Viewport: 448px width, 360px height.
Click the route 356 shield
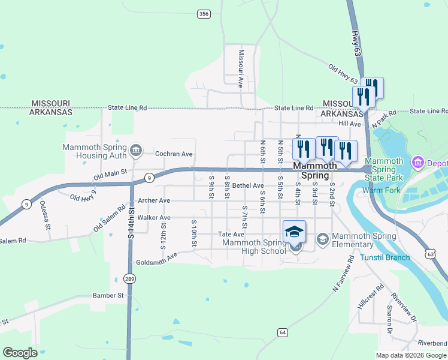pos(204,13)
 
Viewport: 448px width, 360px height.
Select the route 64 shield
pos(283,332)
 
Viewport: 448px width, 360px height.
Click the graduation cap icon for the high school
pos(295,232)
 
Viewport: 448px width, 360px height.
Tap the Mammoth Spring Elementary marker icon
pos(323,240)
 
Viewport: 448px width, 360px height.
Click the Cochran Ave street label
pos(174,154)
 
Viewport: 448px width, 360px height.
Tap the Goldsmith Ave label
pos(157,259)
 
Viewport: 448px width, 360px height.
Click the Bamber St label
pos(108,295)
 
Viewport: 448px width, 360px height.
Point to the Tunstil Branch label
pos(385,257)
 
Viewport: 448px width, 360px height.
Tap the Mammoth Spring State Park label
pos(384,170)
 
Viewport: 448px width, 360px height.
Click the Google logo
pos(20,352)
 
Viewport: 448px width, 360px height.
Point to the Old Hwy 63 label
pos(343,74)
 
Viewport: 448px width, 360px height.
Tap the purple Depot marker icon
pos(417,163)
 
